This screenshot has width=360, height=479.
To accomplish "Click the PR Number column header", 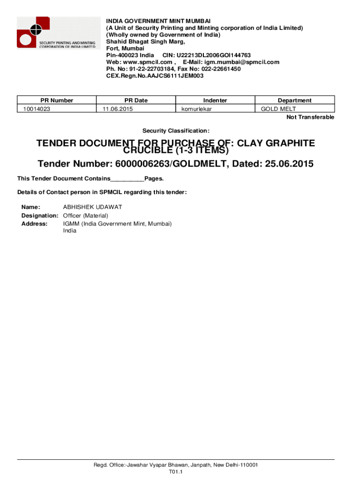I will [x=57, y=100].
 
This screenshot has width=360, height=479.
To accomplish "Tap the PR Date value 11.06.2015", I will [x=115, y=109].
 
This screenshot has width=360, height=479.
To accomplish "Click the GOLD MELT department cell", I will [x=278, y=109].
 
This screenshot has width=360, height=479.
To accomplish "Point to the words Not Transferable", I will [x=310, y=117].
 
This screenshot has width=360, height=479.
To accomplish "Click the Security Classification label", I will [x=176, y=131].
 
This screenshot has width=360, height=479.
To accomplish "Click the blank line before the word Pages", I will [x=127, y=179].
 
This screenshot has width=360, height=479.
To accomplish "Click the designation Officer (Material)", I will [x=86, y=215].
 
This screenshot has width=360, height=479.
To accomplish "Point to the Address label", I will [x=35, y=224].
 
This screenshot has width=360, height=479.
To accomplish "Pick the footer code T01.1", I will [x=176, y=472].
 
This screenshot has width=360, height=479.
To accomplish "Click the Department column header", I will [x=295, y=100].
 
